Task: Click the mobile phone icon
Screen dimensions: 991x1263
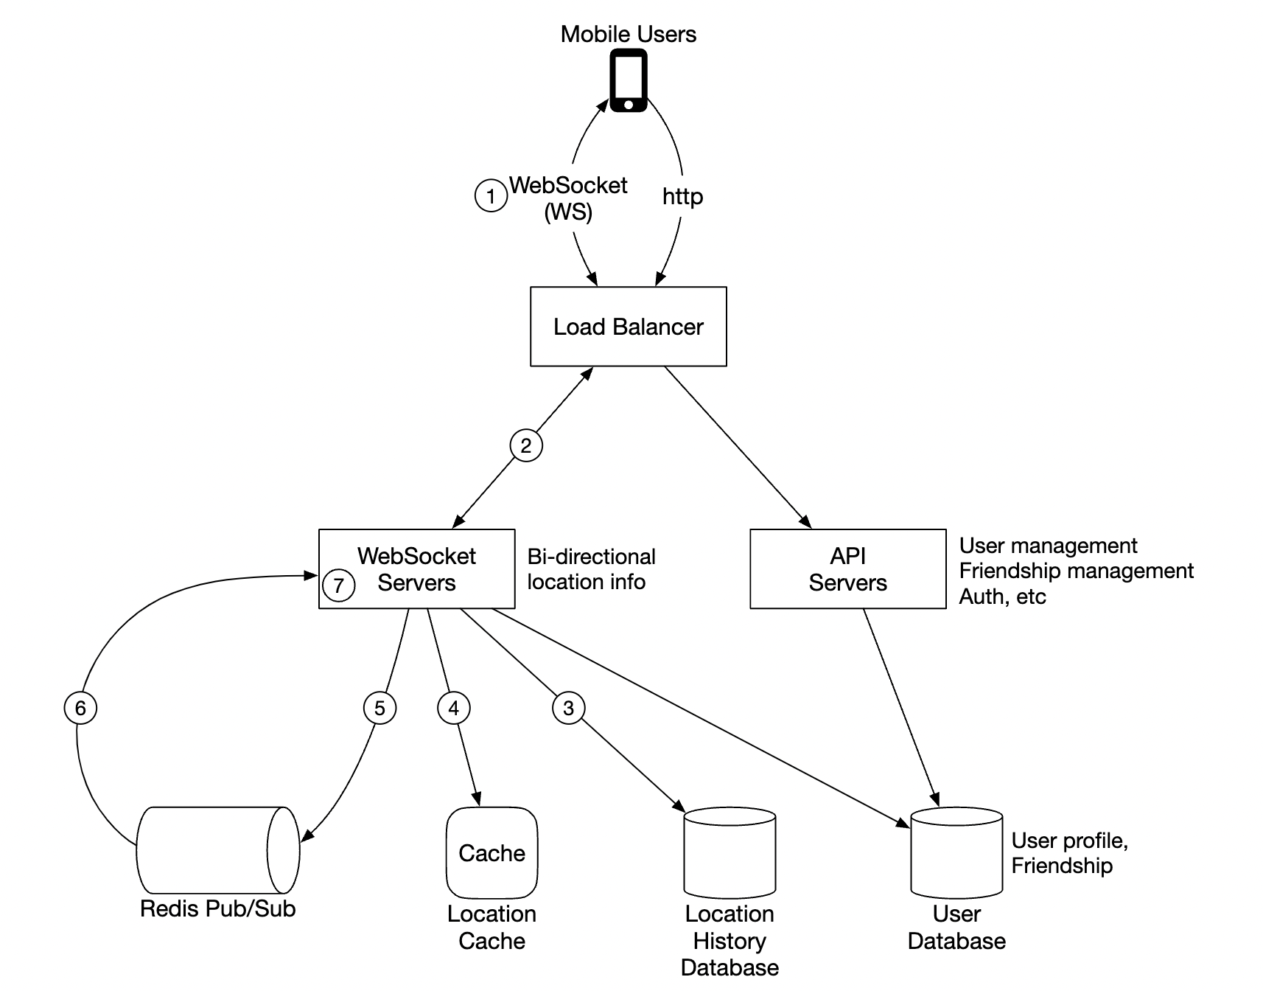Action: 629,80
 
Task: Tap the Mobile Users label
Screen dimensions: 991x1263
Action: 628,34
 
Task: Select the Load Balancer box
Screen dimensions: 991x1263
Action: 629,327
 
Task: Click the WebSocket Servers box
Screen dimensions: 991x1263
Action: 417,568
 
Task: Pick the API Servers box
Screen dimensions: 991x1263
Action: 847,568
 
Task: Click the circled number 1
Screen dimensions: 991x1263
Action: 491,195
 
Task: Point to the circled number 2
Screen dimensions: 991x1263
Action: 526,445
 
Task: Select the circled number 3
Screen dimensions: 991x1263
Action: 568,708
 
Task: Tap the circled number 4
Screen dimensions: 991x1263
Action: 454,708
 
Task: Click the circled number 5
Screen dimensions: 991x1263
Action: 379,708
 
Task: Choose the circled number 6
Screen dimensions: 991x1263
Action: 80,708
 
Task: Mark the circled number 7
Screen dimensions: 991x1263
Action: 339,585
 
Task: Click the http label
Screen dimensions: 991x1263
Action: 682,197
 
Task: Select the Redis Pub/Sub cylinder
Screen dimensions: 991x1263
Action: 217,849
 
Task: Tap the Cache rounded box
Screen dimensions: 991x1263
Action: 491,853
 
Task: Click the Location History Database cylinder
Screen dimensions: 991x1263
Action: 730,853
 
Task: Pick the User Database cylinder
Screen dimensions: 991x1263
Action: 956,853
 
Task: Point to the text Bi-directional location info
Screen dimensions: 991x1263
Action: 591,569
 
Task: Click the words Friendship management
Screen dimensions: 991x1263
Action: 1076,571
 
